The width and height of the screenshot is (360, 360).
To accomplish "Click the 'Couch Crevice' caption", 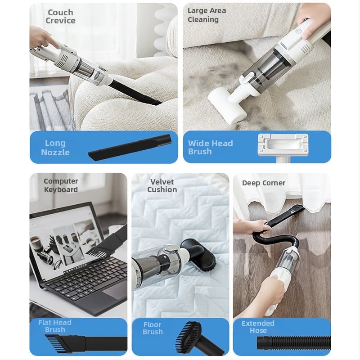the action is tap(60, 16).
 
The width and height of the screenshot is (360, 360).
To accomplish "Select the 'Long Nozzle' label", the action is tap(55, 148).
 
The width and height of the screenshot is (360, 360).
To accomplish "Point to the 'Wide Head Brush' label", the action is tap(210, 148).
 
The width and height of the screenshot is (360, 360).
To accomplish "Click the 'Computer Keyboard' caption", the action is tap(61, 185).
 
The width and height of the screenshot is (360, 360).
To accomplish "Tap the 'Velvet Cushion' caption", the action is tap(162, 185).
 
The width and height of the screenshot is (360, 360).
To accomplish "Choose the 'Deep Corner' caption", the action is tap(264, 183).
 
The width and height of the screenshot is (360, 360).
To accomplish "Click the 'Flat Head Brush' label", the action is tap(55, 326).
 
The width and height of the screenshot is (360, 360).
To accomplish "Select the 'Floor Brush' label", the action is tap(153, 328).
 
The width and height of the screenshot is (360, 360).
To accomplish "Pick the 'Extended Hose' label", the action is tap(258, 327).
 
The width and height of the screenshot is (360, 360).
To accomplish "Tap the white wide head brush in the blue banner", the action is tap(283, 147).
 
